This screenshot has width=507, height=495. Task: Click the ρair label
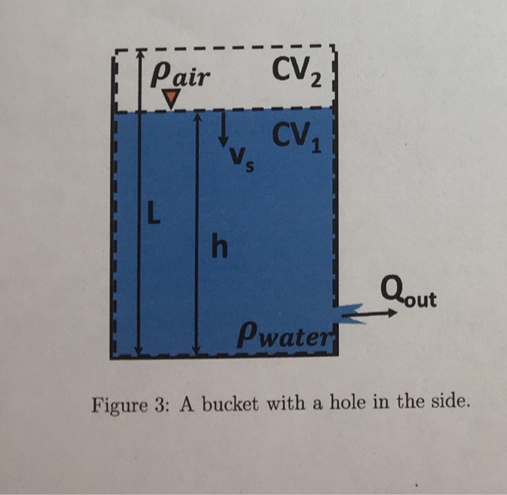tap(177, 75)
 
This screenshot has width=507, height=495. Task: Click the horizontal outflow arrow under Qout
tap(373, 314)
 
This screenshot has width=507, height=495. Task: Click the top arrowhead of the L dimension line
tap(140, 52)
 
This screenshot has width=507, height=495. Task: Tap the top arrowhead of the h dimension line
tap(197, 116)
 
